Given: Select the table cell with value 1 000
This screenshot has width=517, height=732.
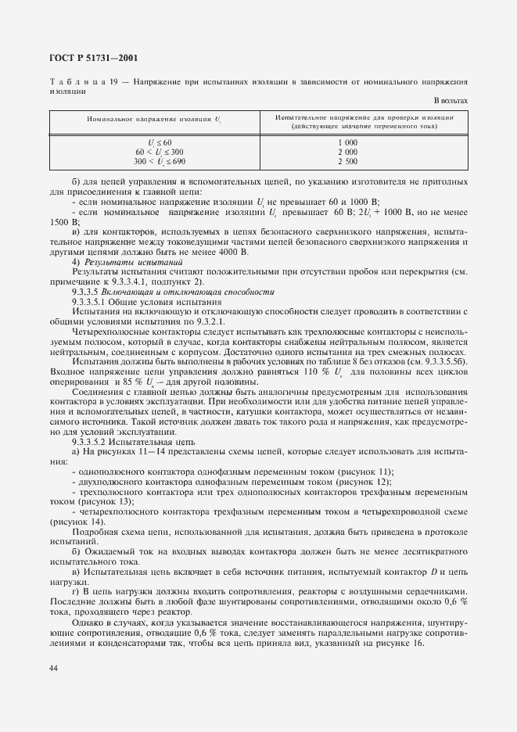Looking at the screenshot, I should pyautogui.click(x=348, y=142).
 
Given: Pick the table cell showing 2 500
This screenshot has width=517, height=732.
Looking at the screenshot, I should pyautogui.click(x=348, y=161).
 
